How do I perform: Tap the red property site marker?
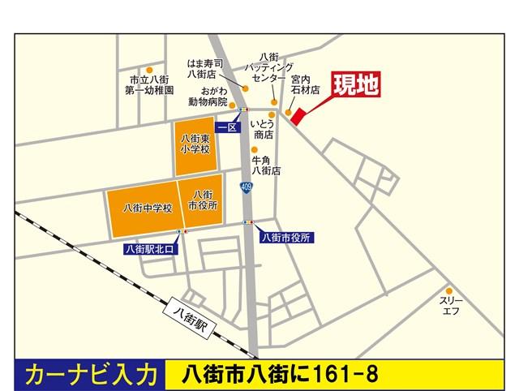pyautogui.click(x=298, y=116)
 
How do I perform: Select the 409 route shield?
pyautogui.click(x=246, y=188)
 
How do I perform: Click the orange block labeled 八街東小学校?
pyautogui.click(x=195, y=145)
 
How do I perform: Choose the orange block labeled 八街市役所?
pyautogui.click(x=202, y=200)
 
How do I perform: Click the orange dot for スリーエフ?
pyautogui.click(x=448, y=290)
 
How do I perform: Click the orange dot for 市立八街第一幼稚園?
pyautogui.click(x=149, y=71)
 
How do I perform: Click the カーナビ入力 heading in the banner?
pyautogui.click(x=91, y=375)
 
